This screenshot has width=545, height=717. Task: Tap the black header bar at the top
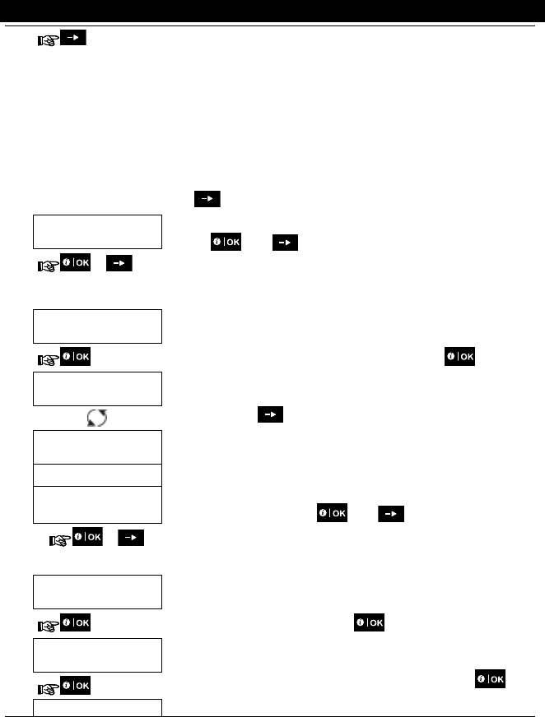[272, 11]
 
